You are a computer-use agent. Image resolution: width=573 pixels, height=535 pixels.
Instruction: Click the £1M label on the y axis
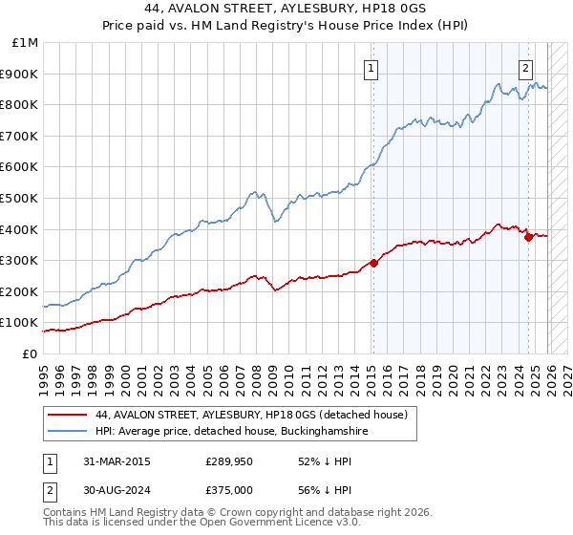point(26,43)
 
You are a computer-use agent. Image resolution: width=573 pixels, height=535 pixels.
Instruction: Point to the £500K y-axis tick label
point(21,198)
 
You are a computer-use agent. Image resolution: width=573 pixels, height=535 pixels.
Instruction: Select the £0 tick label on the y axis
point(30,353)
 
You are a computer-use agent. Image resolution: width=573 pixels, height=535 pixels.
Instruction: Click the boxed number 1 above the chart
point(371,68)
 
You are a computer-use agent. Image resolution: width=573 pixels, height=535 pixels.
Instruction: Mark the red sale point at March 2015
point(373,264)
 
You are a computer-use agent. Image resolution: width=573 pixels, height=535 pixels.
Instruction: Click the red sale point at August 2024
point(528,237)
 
